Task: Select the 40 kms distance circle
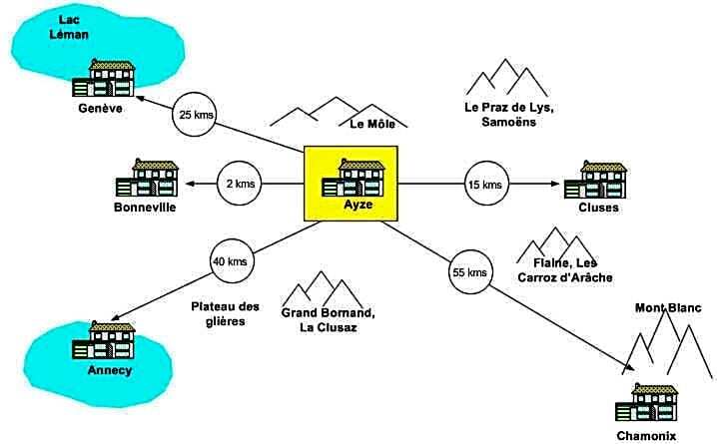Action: pos(230,262)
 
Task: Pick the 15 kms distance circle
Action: pos(485,184)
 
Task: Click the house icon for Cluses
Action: pos(595,181)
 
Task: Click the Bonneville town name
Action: pos(145,208)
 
